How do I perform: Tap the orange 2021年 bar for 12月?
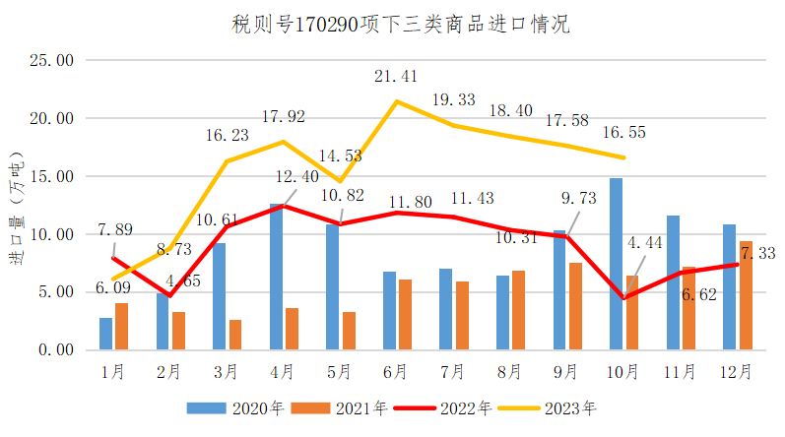746,295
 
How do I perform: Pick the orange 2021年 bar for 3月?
235,335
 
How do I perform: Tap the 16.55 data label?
623,131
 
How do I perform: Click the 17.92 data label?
284,116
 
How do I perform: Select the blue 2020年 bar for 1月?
105,334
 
